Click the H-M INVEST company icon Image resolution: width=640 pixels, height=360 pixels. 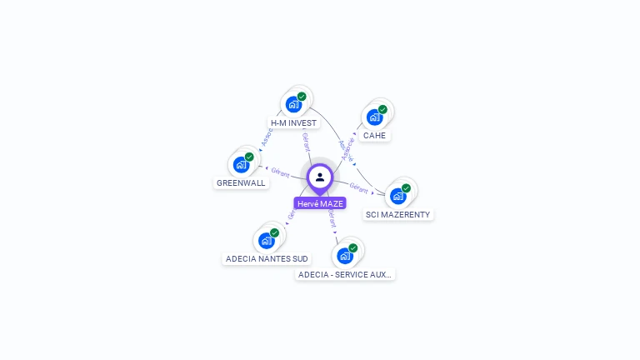[293, 104]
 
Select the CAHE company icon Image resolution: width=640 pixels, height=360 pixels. [374, 117]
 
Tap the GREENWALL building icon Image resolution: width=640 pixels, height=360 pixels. [241, 164]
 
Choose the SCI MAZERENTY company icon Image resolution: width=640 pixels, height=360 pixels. [397, 196]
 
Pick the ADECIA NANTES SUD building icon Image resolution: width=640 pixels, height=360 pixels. [266, 241]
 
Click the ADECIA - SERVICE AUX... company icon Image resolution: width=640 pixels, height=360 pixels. [344, 256]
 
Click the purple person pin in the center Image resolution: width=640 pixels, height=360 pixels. [320, 177]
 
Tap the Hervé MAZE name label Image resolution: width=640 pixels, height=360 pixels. [320, 203]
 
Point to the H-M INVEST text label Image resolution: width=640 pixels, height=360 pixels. [294, 122]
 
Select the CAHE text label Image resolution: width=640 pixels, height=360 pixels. [375, 135]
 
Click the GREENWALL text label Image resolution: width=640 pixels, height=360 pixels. [241, 182]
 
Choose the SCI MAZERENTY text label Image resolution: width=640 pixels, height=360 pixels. [398, 214]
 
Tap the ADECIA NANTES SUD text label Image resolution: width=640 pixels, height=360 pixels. [267, 259]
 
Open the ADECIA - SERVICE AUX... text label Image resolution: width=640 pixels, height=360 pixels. [345, 274]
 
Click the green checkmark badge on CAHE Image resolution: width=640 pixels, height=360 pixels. [382, 109]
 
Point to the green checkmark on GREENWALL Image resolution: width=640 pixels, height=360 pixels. [249, 157]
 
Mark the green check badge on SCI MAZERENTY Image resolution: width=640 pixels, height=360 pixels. [406, 188]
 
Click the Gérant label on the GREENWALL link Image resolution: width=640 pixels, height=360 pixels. [280, 172]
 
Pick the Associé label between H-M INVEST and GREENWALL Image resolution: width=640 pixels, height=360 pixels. [267, 138]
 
